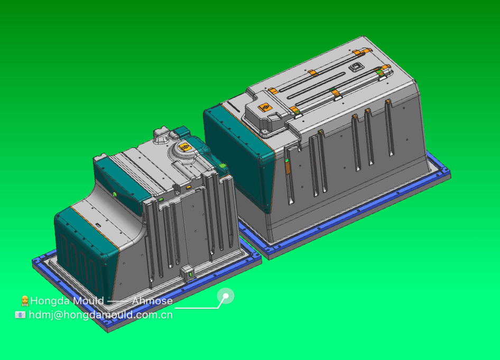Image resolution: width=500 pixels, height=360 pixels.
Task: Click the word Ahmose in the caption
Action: click(x=152, y=301)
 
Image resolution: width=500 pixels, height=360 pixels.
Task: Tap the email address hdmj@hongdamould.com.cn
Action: click(x=101, y=315)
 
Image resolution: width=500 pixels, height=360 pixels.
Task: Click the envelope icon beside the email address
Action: click(x=20, y=315)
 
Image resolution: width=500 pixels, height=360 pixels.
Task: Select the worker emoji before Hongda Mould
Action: click(x=24, y=301)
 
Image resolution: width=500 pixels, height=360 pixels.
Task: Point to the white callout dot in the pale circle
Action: click(x=226, y=296)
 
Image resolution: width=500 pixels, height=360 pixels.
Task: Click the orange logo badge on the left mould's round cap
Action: click(x=184, y=147)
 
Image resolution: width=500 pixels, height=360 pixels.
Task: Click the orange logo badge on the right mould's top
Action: click(x=265, y=107)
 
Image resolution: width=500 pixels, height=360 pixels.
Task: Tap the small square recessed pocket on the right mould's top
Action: click(x=356, y=67)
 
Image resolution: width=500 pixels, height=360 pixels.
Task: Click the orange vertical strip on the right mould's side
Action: click(x=288, y=167)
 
